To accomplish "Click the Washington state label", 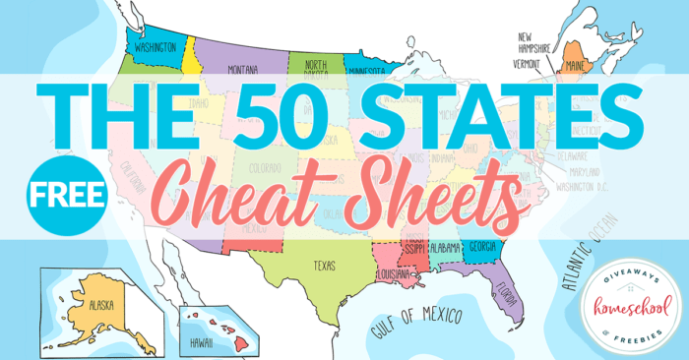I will pyautogui.click(x=157, y=46).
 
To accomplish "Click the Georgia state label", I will pyautogui.click(x=482, y=247).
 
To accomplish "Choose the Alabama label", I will pyautogui.click(x=445, y=248).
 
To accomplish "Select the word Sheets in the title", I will pyautogui.click(x=420, y=191).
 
